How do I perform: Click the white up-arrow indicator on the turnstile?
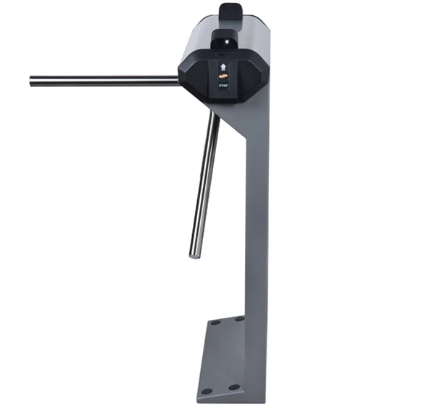click(223, 67)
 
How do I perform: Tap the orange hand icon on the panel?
click(223, 76)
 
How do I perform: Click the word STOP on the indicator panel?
click(223, 86)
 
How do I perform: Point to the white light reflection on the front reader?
click(227, 41)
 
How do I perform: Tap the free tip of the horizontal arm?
click(30, 81)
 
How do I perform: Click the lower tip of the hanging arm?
click(194, 256)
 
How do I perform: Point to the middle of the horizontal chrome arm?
click(104, 80)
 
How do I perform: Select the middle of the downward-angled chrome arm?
click(204, 184)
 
